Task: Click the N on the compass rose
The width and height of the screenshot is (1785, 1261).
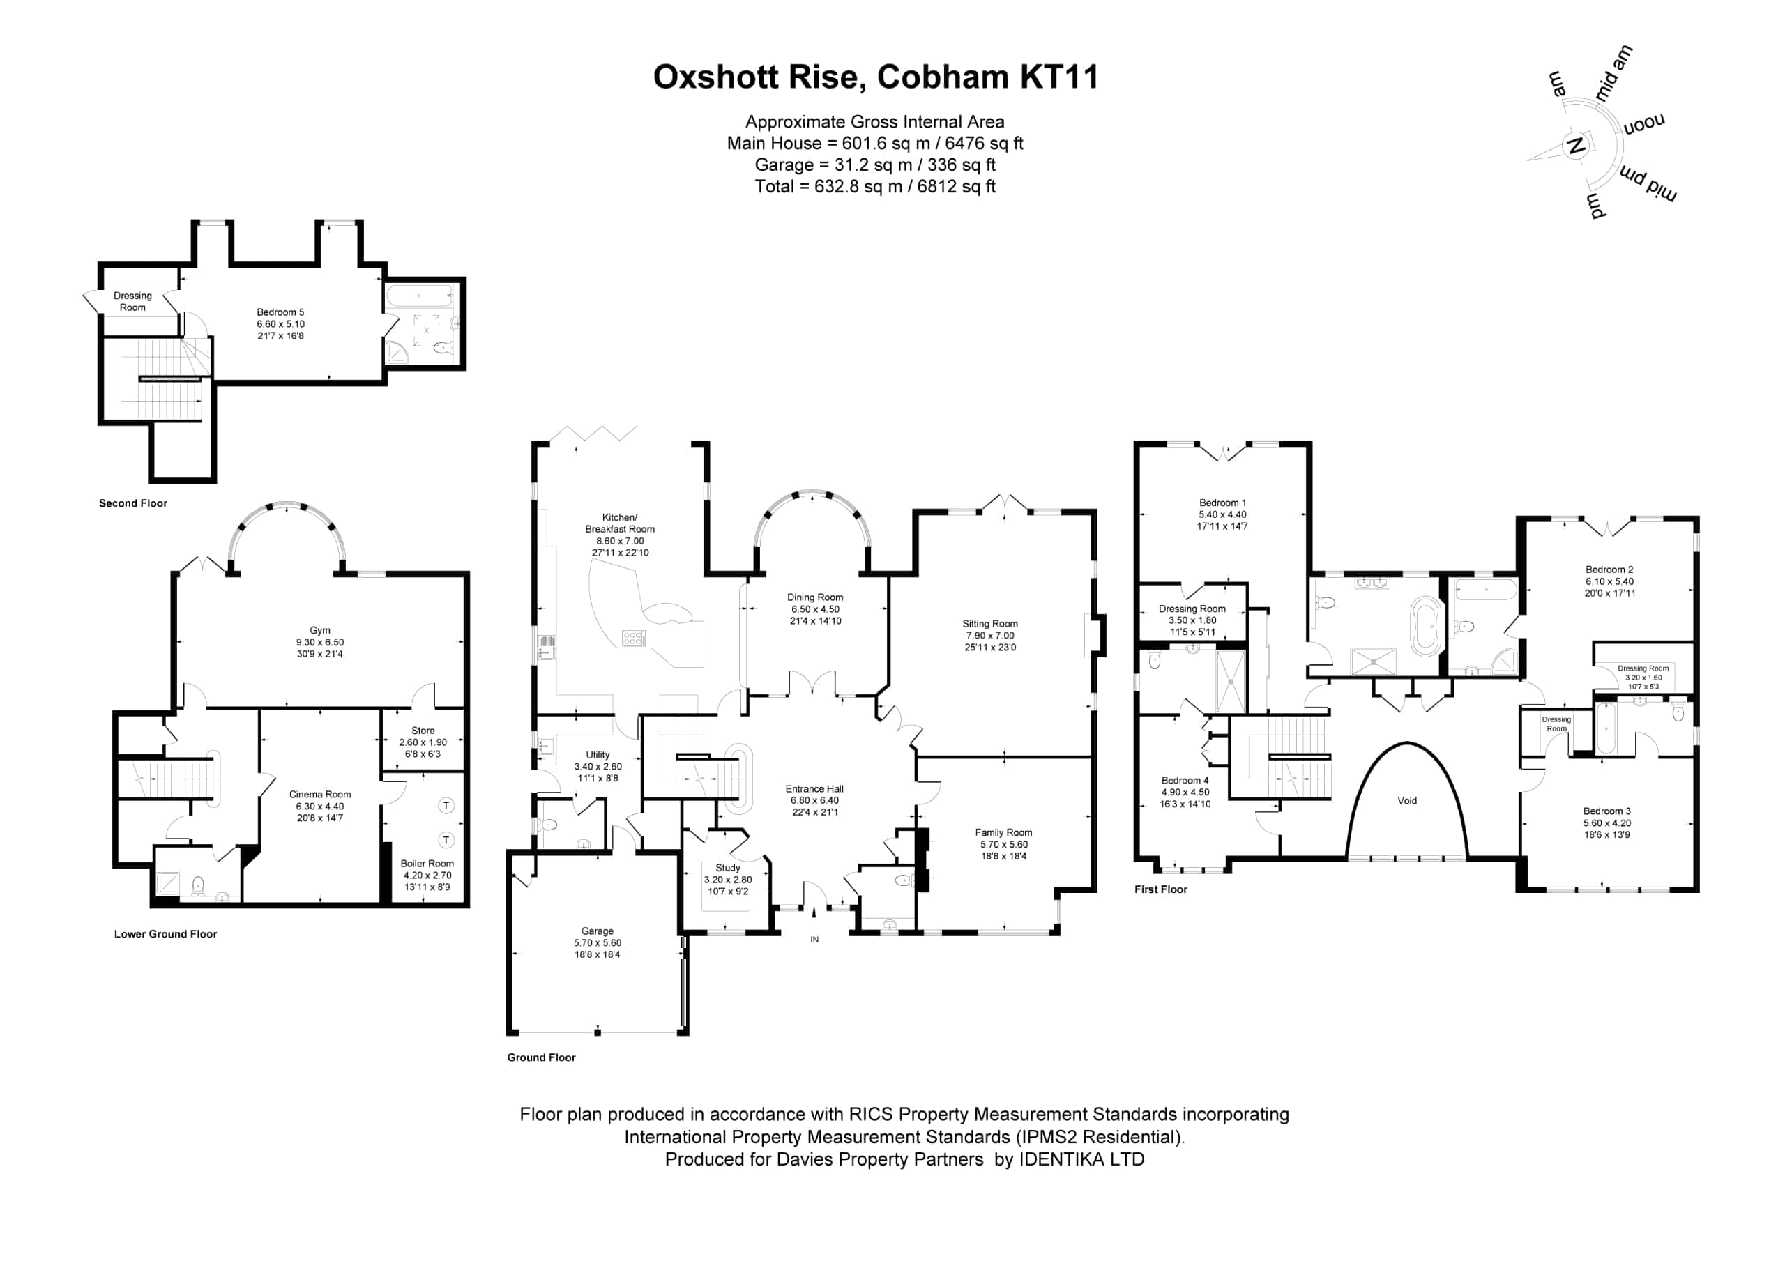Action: pyautogui.click(x=1576, y=146)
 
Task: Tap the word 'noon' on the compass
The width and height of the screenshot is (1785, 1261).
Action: pyautogui.click(x=1643, y=124)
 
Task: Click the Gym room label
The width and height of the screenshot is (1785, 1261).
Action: pyautogui.click(x=319, y=630)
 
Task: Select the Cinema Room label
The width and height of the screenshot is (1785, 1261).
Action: pyautogui.click(x=319, y=795)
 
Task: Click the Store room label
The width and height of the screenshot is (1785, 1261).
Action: pyautogui.click(x=423, y=731)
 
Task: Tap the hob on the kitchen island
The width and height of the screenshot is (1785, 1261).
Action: pyautogui.click(x=634, y=639)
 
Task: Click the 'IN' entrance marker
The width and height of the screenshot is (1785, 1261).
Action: pyautogui.click(x=815, y=940)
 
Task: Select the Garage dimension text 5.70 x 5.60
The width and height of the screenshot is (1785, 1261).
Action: pyautogui.click(x=597, y=943)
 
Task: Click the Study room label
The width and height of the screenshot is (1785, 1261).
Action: pyautogui.click(x=728, y=868)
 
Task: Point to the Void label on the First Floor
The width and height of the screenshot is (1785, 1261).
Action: pyautogui.click(x=1407, y=801)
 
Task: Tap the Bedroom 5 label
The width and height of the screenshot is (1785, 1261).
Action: pyautogui.click(x=281, y=312)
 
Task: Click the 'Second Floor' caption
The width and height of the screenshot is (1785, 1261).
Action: pyautogui.click(x=133, y=503)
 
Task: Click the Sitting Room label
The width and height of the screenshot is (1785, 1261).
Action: pyautogui.click(x=989, y=623)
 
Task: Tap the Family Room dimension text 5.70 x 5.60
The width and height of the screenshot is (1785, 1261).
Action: pyautogui.click(x=1003, y=844)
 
